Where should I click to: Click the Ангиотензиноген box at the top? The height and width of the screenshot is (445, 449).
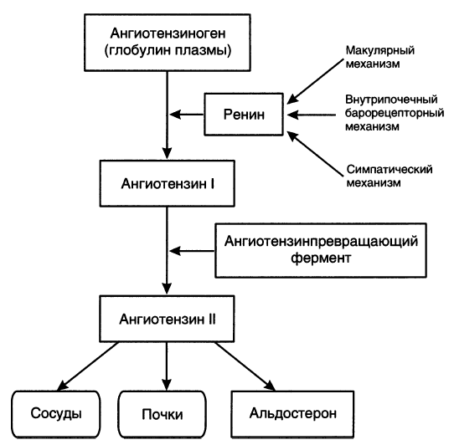tap(168, 43)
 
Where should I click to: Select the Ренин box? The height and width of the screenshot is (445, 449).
tap(244, 114)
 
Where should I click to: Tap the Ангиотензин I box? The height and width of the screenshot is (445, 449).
tap(168, 183)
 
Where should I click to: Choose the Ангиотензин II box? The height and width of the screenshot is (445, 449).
tap(167, 319)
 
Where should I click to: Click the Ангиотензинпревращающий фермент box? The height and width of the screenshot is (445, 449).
tap(321, 250)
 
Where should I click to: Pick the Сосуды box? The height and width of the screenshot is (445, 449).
tap(56, 414)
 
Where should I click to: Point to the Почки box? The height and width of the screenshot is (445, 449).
tap(163, 414)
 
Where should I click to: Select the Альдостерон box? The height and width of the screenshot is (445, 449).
tap(292, 414)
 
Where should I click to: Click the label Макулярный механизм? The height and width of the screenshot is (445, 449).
tap(380, 57)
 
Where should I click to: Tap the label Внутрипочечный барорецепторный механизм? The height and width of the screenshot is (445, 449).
tap(395, 113)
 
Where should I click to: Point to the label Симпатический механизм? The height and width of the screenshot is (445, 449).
tap(390, 176)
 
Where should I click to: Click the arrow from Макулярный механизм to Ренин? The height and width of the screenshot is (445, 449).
tap(315, 81)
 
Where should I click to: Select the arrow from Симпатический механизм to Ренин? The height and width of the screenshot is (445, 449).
tap(315, 153)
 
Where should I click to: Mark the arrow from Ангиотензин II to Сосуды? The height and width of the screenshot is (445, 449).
tap(88, 366)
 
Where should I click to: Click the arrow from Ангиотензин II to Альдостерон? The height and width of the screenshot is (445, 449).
tap(245, 366)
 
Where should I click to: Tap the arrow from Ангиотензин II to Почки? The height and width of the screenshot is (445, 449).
tap(167, 366)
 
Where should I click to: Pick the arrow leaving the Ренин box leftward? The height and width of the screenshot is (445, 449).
tap(187, 115)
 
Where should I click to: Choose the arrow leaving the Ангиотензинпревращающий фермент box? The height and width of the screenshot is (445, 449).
tap(192, 251)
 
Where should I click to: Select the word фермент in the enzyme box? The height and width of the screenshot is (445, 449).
tap(321, 258)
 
